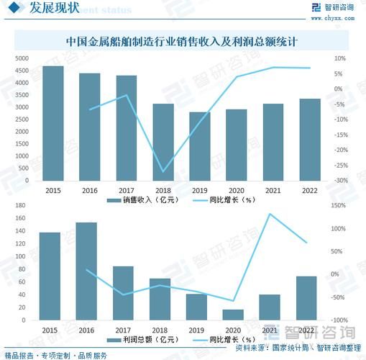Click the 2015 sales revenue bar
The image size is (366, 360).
52,123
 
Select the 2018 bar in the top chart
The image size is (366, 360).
163,142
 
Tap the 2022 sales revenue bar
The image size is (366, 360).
310,140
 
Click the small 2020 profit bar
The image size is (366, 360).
233,315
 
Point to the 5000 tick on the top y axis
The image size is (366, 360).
22,58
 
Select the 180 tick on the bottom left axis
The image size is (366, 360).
19,205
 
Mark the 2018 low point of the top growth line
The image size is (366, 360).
163,172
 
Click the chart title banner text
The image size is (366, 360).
183,42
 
